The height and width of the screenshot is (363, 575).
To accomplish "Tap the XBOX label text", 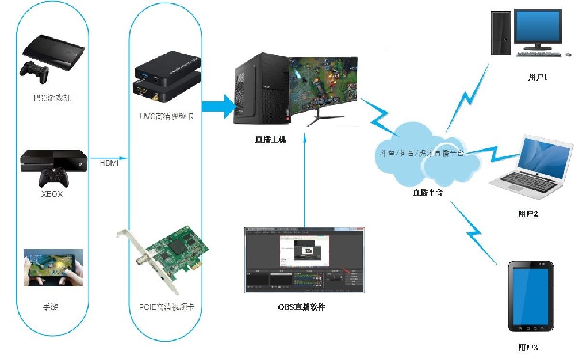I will tap(52, 194).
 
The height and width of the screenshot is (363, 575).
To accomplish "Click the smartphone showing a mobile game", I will tap(53, 267).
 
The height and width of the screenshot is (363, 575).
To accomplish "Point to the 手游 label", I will tap(51, 307).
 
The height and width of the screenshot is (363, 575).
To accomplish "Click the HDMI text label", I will tap(109, 162).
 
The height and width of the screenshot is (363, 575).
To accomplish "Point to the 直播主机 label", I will tap(270, 139).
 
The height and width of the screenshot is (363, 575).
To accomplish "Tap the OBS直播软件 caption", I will tap(301, 307).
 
